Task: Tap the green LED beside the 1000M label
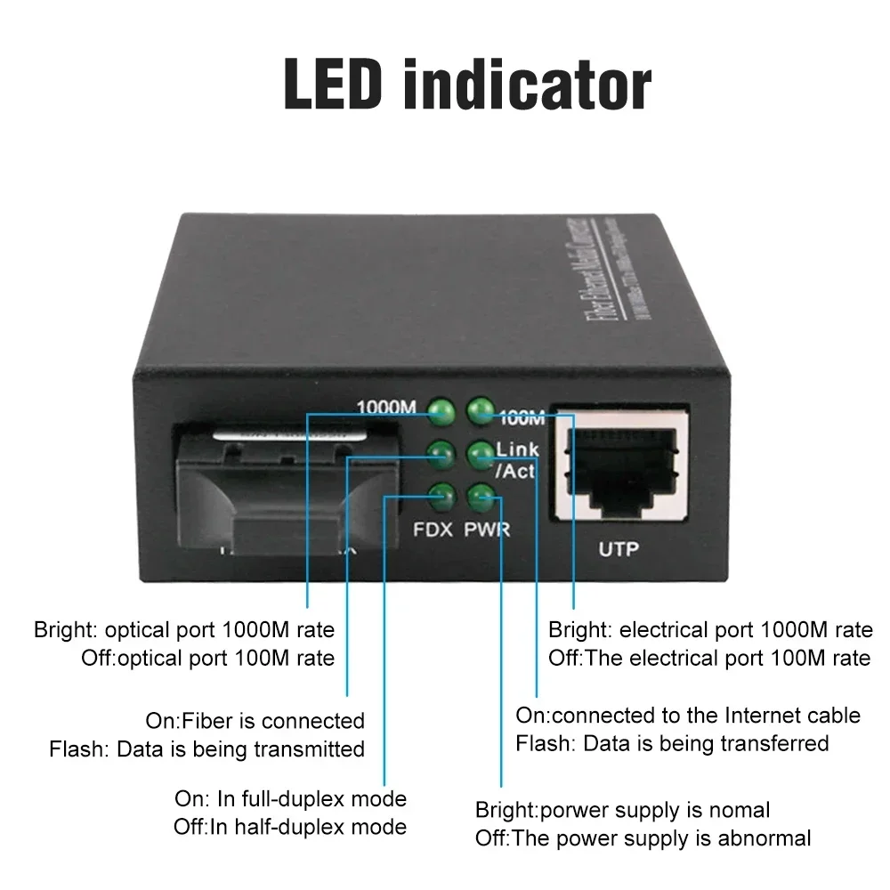point(441,411)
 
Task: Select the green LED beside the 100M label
point(481,410)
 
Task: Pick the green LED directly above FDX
point(441,497)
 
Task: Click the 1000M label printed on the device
point(386,409)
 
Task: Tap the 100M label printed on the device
point(522,416)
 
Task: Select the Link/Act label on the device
point(516,459)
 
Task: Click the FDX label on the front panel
point(434,530)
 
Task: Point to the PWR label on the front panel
point(487,530)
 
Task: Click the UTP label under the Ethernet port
point(619,549)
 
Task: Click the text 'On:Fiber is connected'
point(255,720)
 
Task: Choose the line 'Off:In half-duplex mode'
point(290,827)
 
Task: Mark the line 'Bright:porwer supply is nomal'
point(623,810)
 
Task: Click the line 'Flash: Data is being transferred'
point(673,743)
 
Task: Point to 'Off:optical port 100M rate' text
point(208,659)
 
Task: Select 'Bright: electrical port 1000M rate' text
point(710,630)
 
